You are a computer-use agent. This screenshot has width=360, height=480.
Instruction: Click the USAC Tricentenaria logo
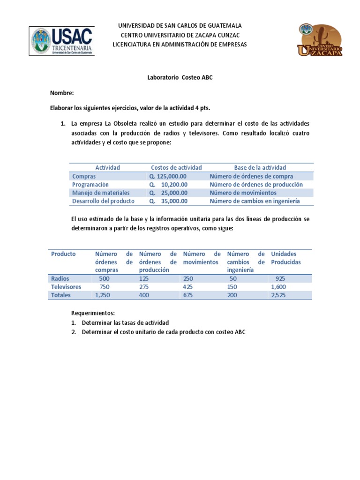(62, 41)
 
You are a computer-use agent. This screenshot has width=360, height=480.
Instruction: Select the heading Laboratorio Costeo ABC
(180, 77)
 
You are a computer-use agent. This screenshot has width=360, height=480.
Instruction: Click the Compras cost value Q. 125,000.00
(168, 176)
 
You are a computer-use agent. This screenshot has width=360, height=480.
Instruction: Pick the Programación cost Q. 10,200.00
(168, 185)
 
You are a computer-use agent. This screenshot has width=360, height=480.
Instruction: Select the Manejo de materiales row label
(101, 193)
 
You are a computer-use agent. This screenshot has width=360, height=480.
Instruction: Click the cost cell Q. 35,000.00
(168, 201)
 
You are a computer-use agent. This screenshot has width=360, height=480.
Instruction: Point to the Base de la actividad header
(260, 167)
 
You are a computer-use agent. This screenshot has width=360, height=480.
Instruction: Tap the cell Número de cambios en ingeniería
(255, 201)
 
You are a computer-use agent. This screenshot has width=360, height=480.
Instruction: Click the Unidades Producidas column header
(286, 258)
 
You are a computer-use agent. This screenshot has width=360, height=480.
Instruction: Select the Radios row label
(60, 278)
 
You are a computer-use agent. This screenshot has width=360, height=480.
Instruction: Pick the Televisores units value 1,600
(278, 287)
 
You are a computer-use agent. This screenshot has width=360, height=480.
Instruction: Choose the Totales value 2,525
(279, 295)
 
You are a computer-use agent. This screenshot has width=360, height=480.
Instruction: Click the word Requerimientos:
(93, 313)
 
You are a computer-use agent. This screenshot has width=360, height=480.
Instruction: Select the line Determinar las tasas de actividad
(125, 322)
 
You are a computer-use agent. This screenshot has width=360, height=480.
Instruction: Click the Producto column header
(63, 254)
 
